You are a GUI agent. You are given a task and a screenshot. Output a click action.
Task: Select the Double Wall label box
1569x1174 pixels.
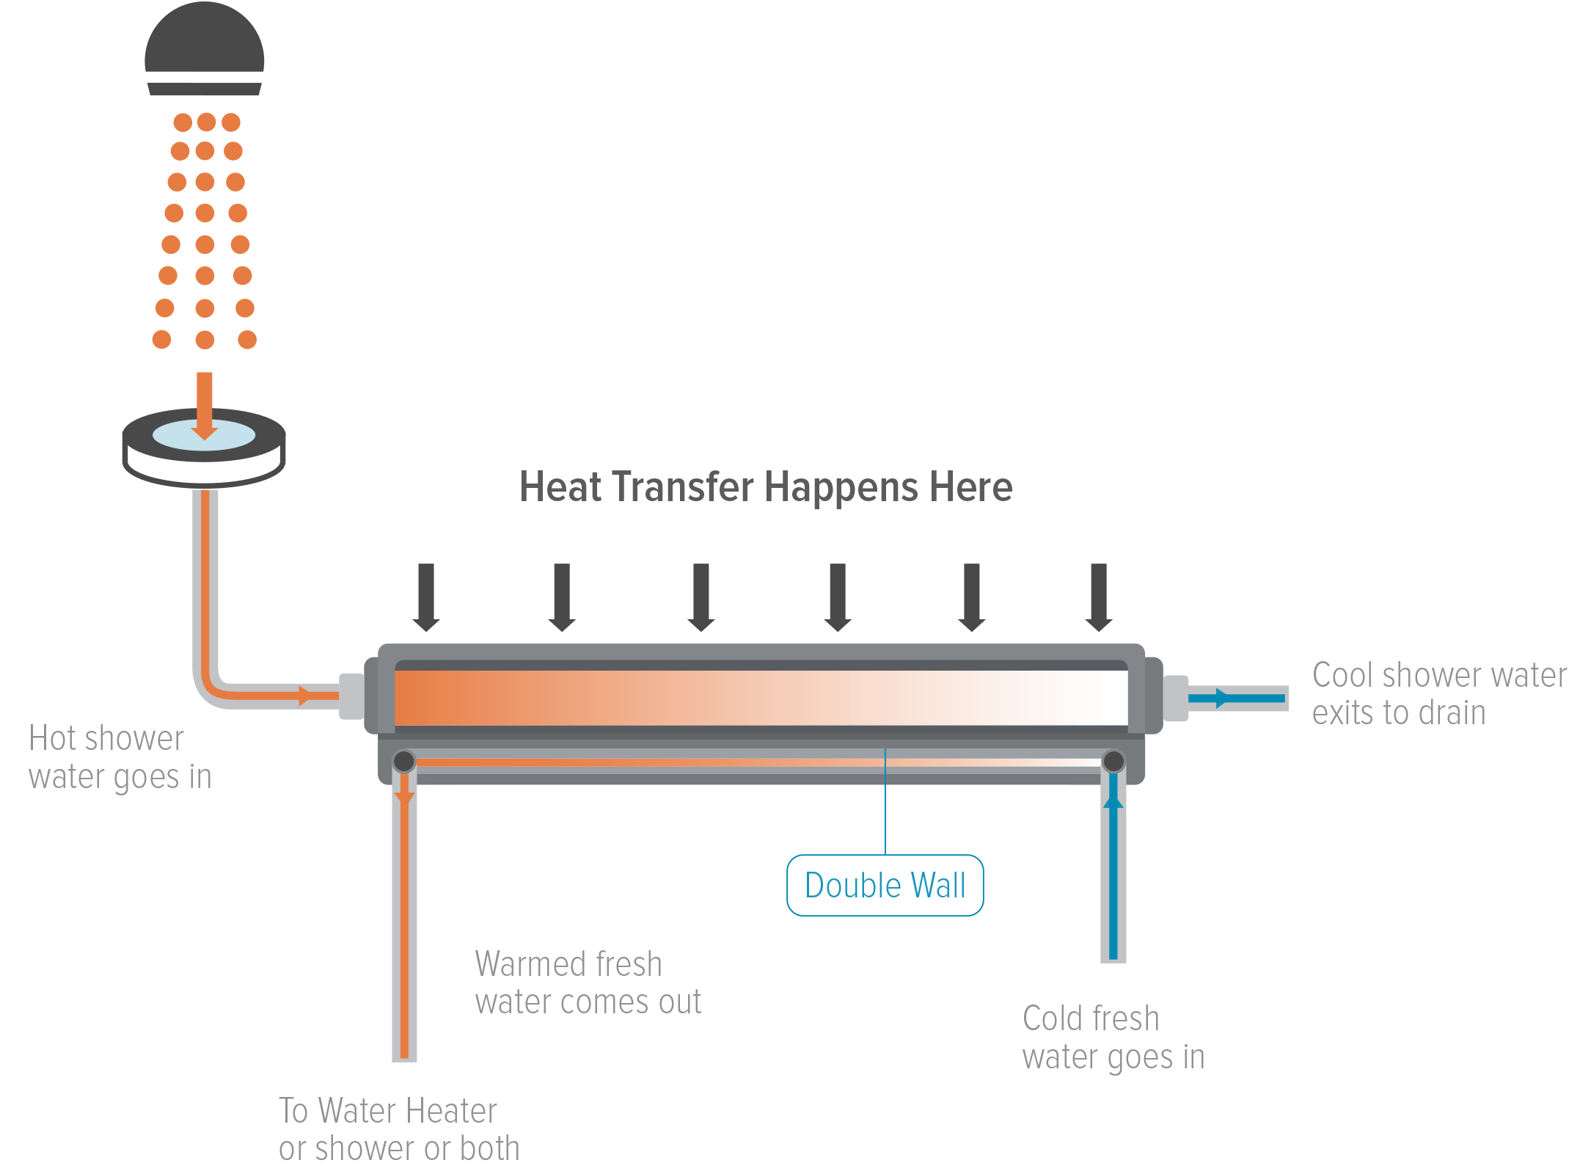click(x=885, y=885)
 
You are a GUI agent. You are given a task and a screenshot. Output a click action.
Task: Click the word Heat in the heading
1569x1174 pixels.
click(x=563, y=487)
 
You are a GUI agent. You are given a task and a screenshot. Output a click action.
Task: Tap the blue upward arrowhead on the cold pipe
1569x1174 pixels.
click(x=1113, y=801)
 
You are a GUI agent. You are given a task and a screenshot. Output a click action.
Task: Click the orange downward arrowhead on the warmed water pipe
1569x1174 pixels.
click(x=404, y=798)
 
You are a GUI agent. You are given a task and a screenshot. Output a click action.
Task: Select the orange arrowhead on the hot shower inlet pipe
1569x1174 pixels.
click(x=304, y=695)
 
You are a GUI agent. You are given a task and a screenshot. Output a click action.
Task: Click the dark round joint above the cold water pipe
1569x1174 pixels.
click(x=1113, y=762)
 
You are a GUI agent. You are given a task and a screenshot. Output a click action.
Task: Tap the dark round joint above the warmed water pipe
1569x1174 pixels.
click(x=404, y=762)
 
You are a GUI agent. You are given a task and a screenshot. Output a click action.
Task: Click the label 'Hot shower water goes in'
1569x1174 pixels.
click(x=120, y=757)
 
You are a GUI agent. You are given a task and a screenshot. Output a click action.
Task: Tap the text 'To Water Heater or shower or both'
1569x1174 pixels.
click(x=398, y=1129)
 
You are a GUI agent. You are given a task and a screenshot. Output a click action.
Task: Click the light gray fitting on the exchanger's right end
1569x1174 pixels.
click(x=1175, y=699)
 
